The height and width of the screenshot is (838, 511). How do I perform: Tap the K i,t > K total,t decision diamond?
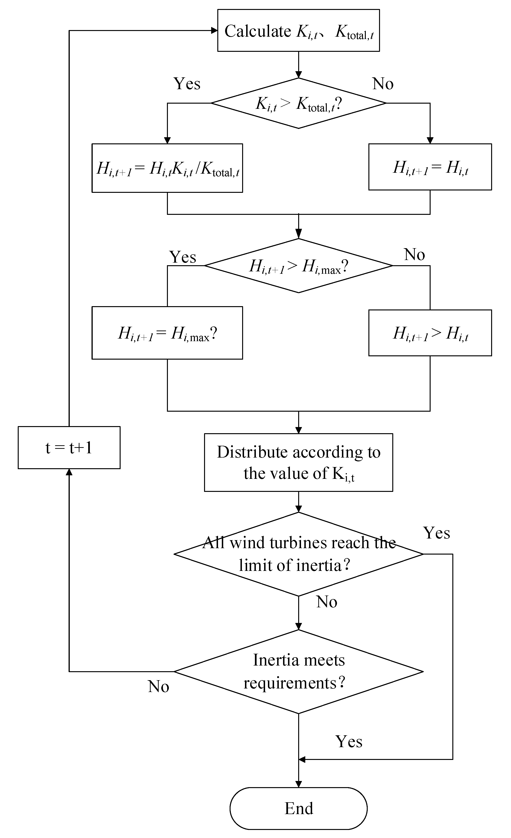pos(298,103)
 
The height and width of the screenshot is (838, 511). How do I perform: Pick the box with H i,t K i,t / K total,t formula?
pos(167,168)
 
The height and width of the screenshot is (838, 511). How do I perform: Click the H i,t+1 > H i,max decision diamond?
pos(298,266)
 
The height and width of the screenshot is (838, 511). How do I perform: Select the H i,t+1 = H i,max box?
pos(167,333)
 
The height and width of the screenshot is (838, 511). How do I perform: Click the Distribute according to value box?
pos(298,462)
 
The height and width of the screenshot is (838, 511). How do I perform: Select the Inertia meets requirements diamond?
pos(298,671)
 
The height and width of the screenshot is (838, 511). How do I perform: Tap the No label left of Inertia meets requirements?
pos(158,686)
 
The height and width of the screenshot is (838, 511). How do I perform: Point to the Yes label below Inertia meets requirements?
pos(349,741)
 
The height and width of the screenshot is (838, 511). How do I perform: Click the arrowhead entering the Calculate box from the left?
pos(214,31)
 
